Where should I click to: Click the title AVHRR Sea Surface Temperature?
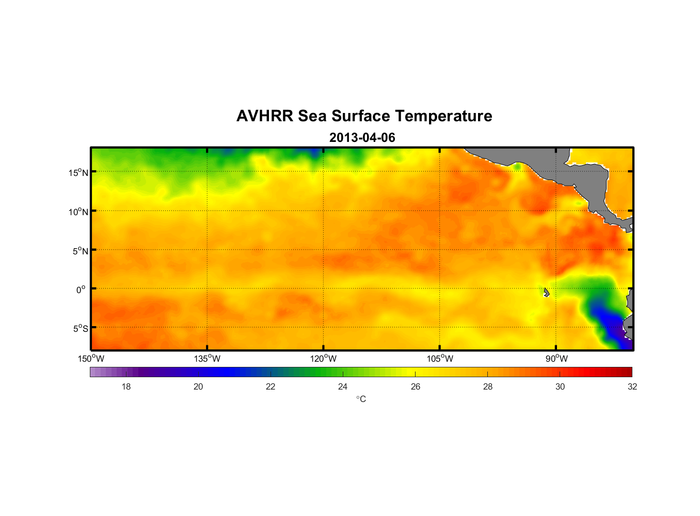pyautogui.click(x=364, y=116)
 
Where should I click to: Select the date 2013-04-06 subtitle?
pyautogui.click(x=362, y=138)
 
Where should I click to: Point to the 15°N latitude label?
pyautogui.click(x=78, y=172)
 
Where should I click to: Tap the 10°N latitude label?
pyautogui.click(x=78, y=212)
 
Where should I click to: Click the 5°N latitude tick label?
pyautogui.click(x=80, y=251)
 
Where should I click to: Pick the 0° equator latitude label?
pyautogui.click(x=81, y=290)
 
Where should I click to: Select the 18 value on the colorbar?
pyautogui.click(x=126, y=387)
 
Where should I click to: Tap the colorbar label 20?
pyautogui.click(x=198, y=387)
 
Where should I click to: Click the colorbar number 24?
pyautogui.click(x=343, y=387)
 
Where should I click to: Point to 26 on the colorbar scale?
pyautogui.click(x=416, y=387)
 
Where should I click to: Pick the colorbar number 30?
pyautogui.click(x=560, y=387)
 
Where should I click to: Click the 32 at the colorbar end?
pyautogui.click(x=632, y=387)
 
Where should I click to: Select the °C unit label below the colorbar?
pyautogui.click(x=361, y=399)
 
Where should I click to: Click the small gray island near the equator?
pyautogui.click(x=546, y=293)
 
